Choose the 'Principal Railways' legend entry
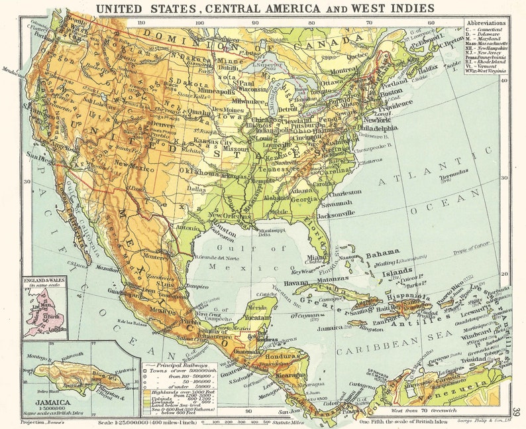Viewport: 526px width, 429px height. point(175,365)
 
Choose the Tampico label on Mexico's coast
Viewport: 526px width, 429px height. point(197,286)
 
